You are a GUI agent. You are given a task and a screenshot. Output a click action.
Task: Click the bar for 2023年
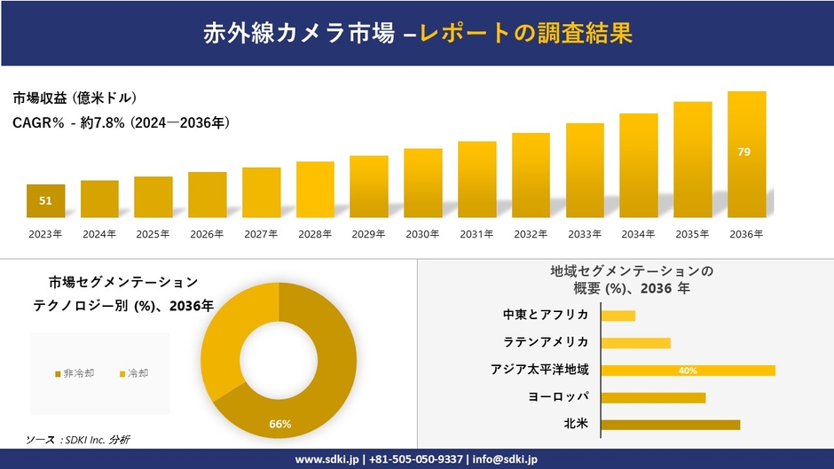(x=45, y=201)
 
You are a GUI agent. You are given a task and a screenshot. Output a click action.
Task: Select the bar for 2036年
(x=746, y=155)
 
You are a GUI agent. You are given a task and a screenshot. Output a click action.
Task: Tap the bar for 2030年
(x=422, y=184)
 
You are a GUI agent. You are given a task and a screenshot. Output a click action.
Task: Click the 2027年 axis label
(x=261, y=234)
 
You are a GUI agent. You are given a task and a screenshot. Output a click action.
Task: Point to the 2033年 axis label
(x=585, y=234)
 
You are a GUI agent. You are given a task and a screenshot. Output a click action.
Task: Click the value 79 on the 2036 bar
(x=744, y=152)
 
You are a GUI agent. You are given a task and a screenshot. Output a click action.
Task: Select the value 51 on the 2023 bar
(x=45, y=201)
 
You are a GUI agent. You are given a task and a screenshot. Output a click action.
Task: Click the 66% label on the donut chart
(x=280, y=424)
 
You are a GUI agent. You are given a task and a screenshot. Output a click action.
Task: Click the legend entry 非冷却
(x=75, y=373)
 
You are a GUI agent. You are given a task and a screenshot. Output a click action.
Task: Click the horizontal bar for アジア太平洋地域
(x=688, y=371)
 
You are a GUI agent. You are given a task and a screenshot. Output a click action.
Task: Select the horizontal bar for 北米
(x=670, y=425)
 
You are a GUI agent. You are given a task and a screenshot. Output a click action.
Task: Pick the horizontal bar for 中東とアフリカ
(x=618, y=316)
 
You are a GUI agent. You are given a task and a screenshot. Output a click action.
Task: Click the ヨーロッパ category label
(x=557, y=397)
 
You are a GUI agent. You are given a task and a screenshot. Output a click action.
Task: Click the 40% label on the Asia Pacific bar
(x=688, y=371)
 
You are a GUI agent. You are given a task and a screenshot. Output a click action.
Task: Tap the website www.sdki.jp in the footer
(x=327, y=459)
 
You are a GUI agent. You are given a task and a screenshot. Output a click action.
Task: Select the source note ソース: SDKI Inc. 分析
(x=78, y=440)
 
